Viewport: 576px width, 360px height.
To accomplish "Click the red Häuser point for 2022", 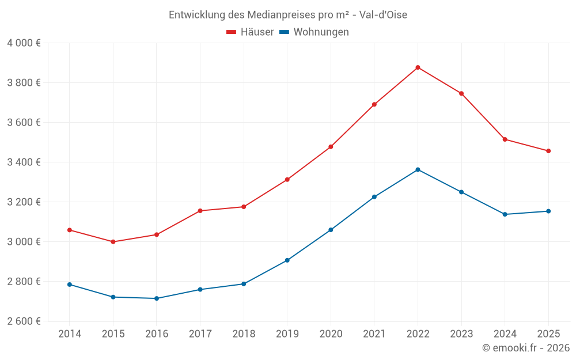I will coord(418,67).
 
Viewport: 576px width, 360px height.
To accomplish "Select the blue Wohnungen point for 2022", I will coord(418,169).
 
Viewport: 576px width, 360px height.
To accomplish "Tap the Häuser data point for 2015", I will coord(113,242).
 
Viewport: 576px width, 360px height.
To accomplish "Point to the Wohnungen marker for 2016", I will coord(157,298).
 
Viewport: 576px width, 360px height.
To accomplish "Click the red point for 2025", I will coord(548,151).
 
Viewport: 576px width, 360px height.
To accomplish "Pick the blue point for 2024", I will coord(505,214).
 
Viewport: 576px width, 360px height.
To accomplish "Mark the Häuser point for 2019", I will coord(287,180).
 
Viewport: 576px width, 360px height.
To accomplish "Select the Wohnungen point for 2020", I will coord(331,230).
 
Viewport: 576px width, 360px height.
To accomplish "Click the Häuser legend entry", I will coord(250,32).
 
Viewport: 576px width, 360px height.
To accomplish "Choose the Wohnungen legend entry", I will coord(314,32).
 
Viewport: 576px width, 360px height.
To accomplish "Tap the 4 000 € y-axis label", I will coord(24,43).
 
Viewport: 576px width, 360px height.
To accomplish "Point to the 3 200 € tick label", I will coord(24,202).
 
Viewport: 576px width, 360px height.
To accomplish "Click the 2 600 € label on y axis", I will coord(24,321).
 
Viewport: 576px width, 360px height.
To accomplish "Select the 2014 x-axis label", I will coord(69,334).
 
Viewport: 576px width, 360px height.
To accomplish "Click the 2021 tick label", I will coord(374,334).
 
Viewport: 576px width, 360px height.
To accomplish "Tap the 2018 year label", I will coord(243,334).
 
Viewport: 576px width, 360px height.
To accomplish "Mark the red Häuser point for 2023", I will coord(461,93).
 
